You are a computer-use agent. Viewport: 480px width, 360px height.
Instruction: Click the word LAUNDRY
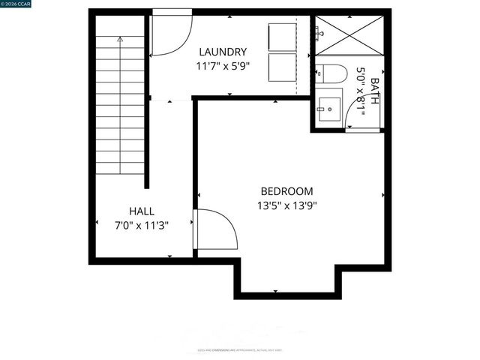coord(222,52)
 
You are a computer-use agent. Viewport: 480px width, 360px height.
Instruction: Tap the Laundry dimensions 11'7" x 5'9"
coord(222,66)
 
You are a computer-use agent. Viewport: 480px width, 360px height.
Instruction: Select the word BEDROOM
coord(286,191)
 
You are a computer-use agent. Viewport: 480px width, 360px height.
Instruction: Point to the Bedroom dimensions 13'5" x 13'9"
coord(287,205)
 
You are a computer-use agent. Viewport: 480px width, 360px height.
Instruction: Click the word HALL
coord(142,211)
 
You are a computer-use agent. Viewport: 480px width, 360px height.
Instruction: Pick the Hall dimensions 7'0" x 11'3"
coord(142,225)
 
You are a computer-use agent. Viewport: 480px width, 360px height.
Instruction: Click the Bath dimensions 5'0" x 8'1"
coord(361,91)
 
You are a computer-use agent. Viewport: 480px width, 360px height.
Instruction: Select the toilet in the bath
coord(331,73)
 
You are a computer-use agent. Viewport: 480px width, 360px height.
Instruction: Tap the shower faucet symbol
coord(320,32)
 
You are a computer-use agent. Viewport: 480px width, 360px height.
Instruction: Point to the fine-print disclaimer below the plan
coord(240,349)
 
